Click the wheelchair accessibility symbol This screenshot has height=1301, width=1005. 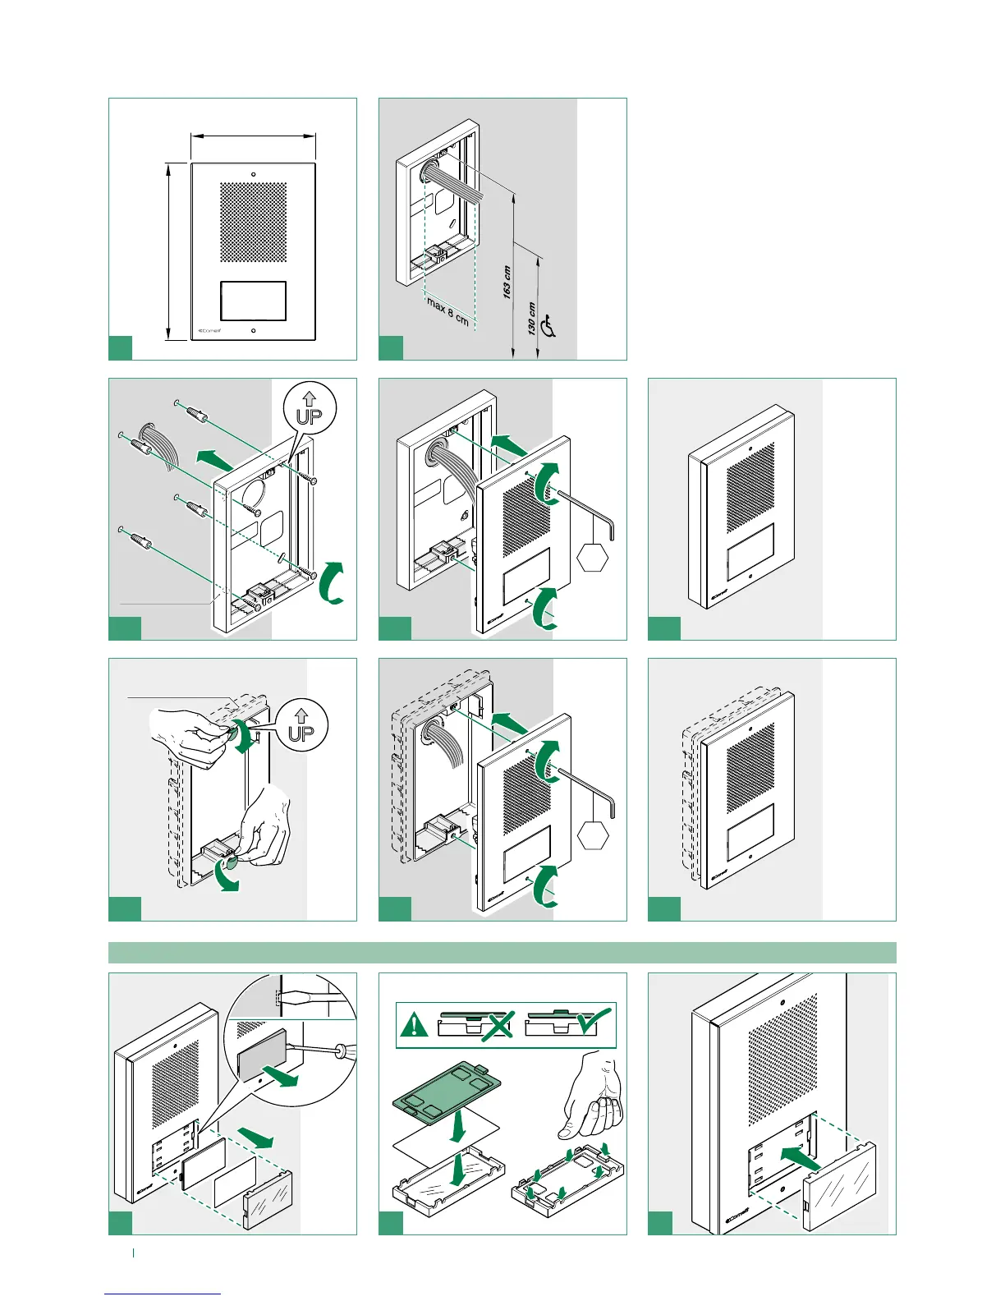(x=549, y=327)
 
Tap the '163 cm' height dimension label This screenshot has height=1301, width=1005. (x=507, y=282)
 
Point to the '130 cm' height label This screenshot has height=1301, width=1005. (x=532, y=319)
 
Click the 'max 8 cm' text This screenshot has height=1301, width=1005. (x=447, y=312)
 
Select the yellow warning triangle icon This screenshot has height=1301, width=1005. (x=415, y=1025)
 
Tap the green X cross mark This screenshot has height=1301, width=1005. (x=497, y=1025)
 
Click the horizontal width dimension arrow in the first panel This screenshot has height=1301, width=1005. (x=253, y=136)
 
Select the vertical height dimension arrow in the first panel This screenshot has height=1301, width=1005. (x=167, y=251)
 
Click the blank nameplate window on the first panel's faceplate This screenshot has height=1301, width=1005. (x=253, y=301)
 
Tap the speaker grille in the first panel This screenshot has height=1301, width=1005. (x=253, y=222)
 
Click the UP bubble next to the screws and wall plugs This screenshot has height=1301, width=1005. (x=309, y=407)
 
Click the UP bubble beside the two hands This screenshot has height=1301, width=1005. (x=301, y=725)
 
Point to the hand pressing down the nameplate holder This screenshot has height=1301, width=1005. (x=594, y=1096)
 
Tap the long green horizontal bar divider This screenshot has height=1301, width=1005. (x=502, y=953)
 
